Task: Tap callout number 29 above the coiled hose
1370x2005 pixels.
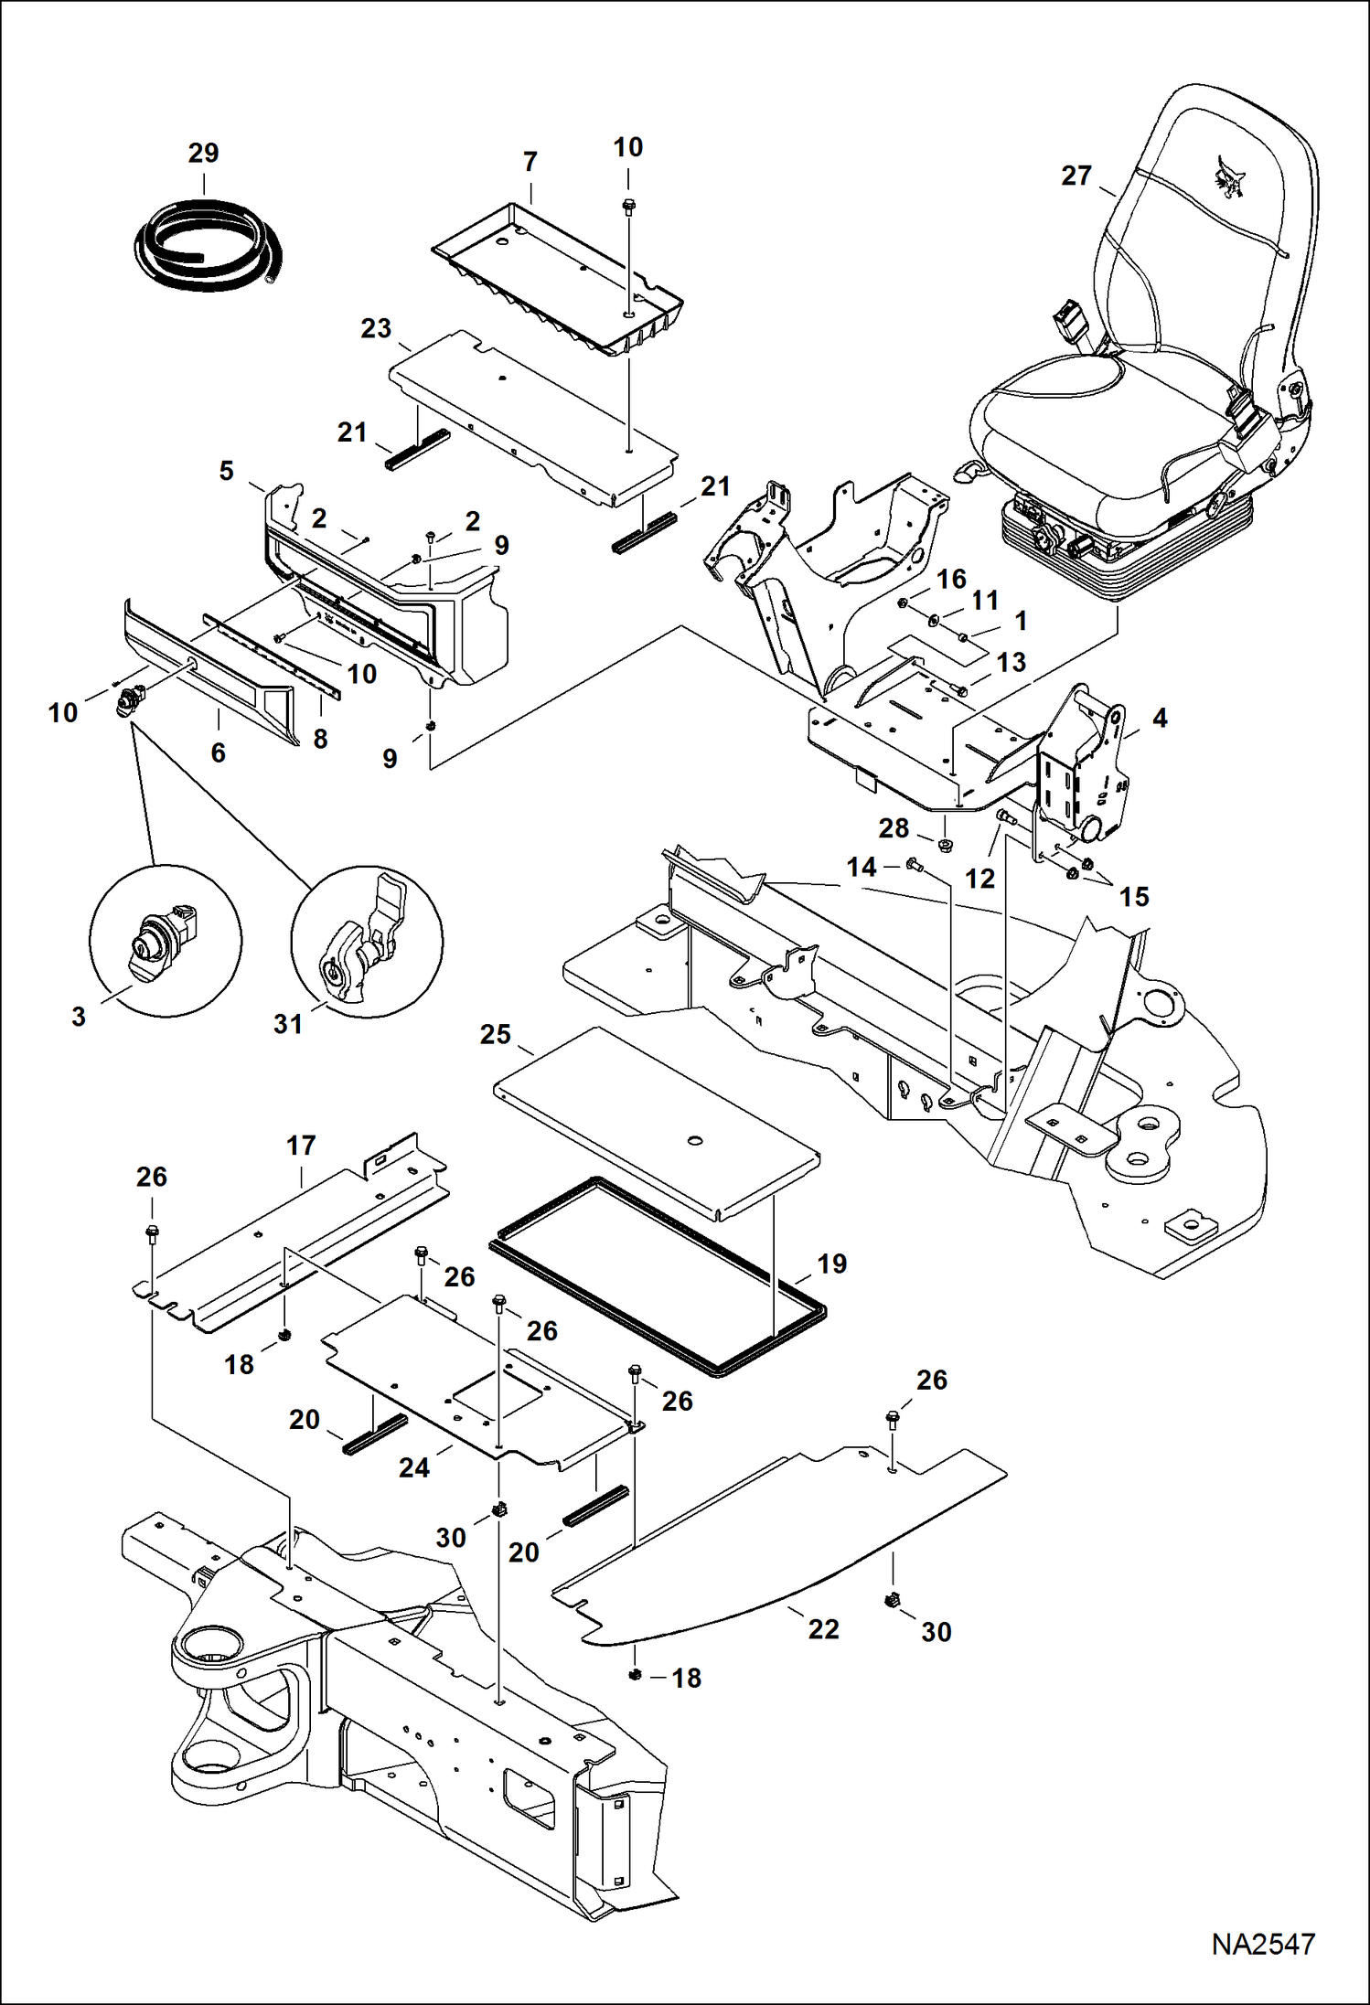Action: pyautogui.click(x=203, y=154)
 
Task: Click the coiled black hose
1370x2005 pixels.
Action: pyautogui.click(x=209, y=247)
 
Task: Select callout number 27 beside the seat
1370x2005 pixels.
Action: pyautogui.click(x=1076, y=176)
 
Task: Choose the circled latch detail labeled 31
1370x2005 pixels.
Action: pyautogui.click(x=367, y=942)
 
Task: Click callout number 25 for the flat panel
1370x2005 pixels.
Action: pyautogui.click(x=495, y=1034)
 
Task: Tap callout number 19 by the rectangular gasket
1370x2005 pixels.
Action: pyautogui.click(x=831, y=1264)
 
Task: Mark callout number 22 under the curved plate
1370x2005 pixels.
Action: pyautogui.click(x=823, y=1628)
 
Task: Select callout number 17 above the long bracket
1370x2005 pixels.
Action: pyautogui.click(x=301, y=1146)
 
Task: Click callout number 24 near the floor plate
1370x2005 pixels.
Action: pyautogui.click(x=413, y=1467)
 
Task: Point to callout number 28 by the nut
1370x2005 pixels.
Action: pyautogui.click(x=894, y=828)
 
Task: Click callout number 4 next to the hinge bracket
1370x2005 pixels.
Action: pyautogui.click(x=1160, y=718)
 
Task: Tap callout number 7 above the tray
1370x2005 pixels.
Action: pyautogui.click(x=530, y=162)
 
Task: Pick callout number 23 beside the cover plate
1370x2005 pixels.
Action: pyautogui.click(x=376, y=328)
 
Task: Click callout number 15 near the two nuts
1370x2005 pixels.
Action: pyautogui.click(x=1133, y=897)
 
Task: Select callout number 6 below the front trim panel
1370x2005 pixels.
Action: pyautogui.click(x=218, y=752)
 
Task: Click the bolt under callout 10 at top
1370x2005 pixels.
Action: pyautogui.click(x=628, y=208)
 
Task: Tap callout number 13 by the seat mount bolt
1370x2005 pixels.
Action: pyautogui.click(x=1011, y=662)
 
